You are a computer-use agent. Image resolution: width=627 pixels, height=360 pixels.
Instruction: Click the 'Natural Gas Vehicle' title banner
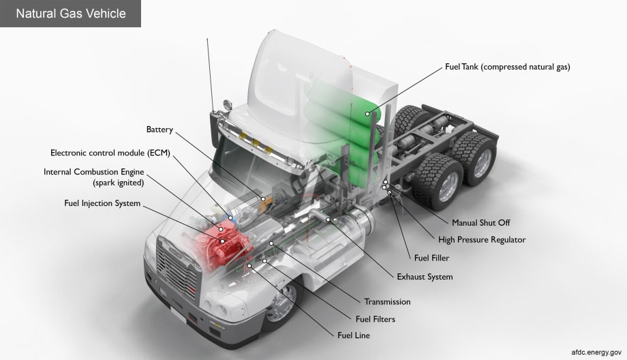pyautogui.click(x=71, y=14)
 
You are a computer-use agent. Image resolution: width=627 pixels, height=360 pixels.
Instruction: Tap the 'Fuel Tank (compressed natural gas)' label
pyautogui.click(x=507, y=67)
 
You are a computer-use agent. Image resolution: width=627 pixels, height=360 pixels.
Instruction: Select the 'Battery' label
pyautogui.click(x=159, y=130)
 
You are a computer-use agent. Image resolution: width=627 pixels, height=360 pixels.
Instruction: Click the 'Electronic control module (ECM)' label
pyautogui.click(x=110, y=153)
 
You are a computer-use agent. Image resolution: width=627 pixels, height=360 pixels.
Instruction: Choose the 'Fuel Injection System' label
pyautogui.click(x=102, y=203)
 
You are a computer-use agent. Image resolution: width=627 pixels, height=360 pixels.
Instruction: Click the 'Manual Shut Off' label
pyautogui.click(x=480, y=222)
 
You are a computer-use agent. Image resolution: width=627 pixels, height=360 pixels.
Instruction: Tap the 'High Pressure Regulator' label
pyautogui.click(x=482, y=239)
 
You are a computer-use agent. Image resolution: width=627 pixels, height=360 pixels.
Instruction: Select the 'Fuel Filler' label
pyautogui.click(x=431, y=258)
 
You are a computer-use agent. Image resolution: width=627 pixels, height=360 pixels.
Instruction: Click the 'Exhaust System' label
pyautogui.click(x=425, y=277)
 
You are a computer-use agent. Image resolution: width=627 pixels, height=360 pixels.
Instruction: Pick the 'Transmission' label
pyautogui.click(x=387, y=301)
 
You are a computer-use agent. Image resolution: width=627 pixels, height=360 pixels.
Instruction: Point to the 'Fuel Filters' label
pyautogui.click(x=375, y=318)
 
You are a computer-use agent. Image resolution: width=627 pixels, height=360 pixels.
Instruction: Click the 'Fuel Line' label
pyautogui.click(x=354, y=335)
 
